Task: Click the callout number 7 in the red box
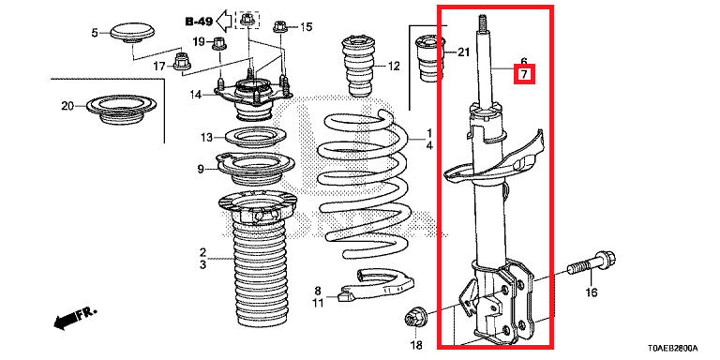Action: pyautogui.click(x=524, y=74)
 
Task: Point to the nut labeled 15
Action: pyautogui.click(x=280, y=26)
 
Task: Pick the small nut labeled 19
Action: pyautogui.click(x=217, y=43)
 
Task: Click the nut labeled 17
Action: pyautogui.click(x=182, y=62)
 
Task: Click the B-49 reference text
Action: pyautogui.click(x=200, y=22)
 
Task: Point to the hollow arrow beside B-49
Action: pyautogui.click(x=225, y=21)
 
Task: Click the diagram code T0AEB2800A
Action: pyautogui.click(x=673, y=348)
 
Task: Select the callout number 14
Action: pyautogui.click(x=196, y=95)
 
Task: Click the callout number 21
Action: pyautogui.click(x=464, y=52)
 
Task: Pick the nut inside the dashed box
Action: pyautogui.click(x=247, y=20)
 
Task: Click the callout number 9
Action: pyautogui.click(x=201, y=170)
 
